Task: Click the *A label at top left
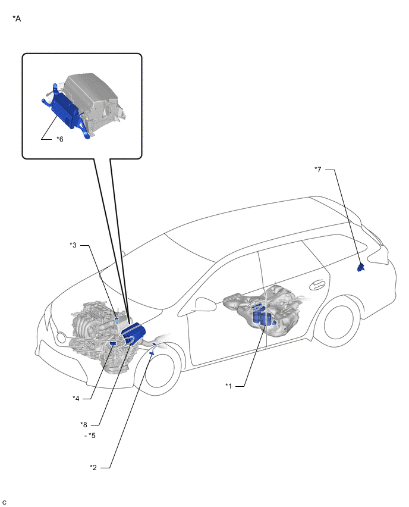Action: (17, 19)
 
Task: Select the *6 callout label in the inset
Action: (60, 139)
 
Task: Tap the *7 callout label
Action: (318, 170)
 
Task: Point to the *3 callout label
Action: (73, 245)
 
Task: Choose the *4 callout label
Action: (76, 399)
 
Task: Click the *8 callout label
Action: (84, 425)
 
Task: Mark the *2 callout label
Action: (93, 468)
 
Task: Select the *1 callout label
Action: (228, 386)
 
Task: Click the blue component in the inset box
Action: (65, 110)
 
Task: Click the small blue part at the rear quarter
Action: (360, 267)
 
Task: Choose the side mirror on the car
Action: (206, 304)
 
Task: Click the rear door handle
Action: (318, 285)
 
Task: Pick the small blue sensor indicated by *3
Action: (117, 320)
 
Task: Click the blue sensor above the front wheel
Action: (152, 353)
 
